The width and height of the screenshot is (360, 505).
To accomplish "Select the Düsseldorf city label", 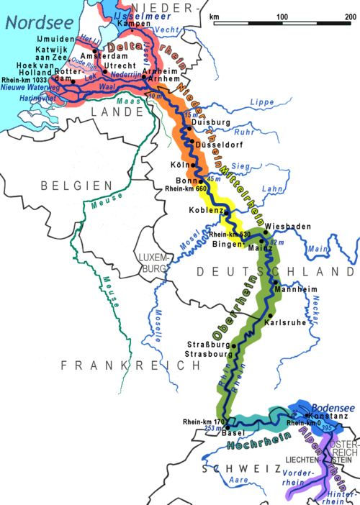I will [x=220, y=144].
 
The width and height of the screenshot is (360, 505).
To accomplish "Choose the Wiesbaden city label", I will [x=288, y=227].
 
